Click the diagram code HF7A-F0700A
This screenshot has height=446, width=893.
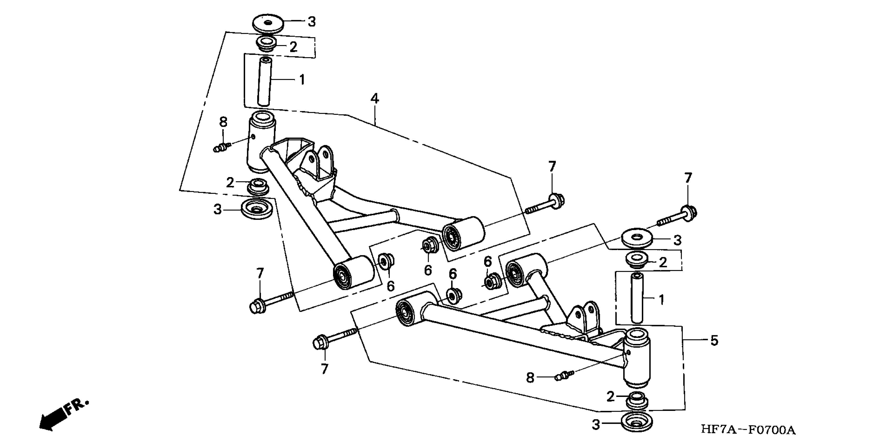point(748,430)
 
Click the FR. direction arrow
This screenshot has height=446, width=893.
point(62,416)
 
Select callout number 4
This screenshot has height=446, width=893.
point(374,99)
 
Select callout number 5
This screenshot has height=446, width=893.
point(714,341)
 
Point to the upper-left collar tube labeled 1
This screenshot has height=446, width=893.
point(265,82)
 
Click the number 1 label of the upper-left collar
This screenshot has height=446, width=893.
point(302,80)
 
